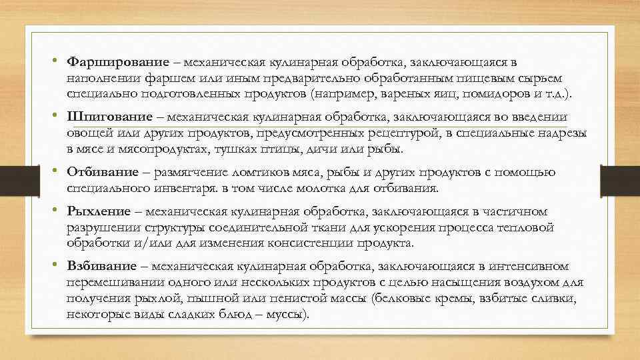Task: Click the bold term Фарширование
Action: (x=108, y=63)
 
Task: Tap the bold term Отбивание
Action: (x=99, y=173)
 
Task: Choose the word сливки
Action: (x=561, y=297)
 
